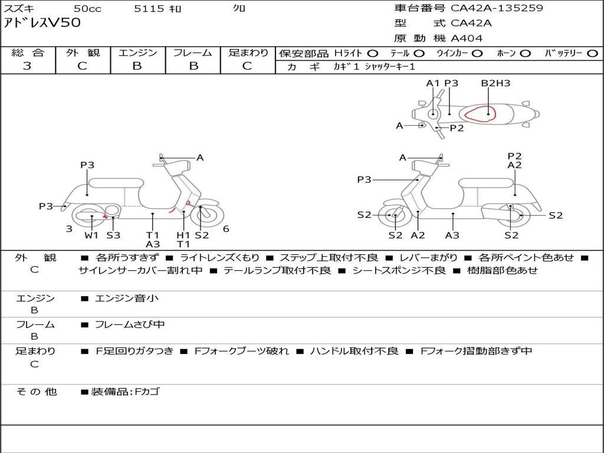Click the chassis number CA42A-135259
point(497,8)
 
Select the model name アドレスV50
point(42,23)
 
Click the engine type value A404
point(467,38)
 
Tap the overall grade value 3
point(27,66)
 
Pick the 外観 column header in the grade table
point(83,52)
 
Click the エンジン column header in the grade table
point(137,52)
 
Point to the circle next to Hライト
point(373,54)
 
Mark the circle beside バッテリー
point(592,54)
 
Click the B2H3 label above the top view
point(495,83)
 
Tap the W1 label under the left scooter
point(91,235)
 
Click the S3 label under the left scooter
point(113,235)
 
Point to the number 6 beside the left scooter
point(226,229)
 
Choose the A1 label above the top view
point(432,83)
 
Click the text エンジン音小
point(127,298)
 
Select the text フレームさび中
point(130,325)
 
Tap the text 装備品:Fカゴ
point(125,392)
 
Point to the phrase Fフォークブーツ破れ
point(241,352)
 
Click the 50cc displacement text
point(87,8)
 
